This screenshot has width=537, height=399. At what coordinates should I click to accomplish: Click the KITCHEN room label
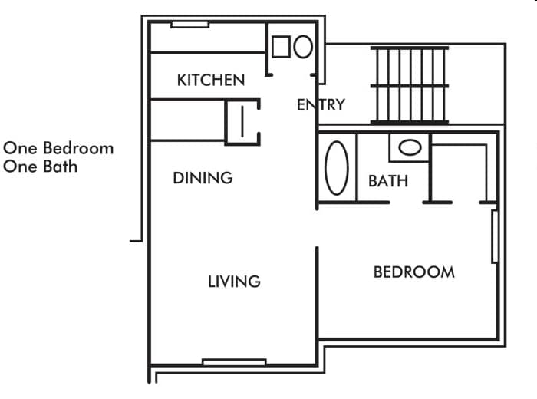[x=211, y=80]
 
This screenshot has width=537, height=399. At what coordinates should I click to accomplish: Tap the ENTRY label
[x=321, y=105]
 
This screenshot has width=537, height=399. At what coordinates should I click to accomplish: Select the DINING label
[x=203, y=178]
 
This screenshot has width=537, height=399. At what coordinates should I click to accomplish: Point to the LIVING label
[x=234, y=282]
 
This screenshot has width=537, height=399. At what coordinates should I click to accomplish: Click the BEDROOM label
[x=413, y=272]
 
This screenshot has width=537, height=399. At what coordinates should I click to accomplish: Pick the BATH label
[x=388, y=182]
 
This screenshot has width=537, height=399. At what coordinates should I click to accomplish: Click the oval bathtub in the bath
[x=337, y=167]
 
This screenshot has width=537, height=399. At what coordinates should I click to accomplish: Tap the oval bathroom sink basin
[x=410, y=147]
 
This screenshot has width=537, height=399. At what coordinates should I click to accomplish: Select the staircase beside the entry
[x=410, y=84]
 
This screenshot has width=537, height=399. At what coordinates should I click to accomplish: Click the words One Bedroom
[x=58, y=148]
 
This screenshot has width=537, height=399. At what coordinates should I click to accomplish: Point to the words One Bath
[x=41, y=166]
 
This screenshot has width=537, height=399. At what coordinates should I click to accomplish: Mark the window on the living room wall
[x=234, y=361]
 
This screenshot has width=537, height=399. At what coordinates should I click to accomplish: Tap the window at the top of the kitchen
[x=189, y=25]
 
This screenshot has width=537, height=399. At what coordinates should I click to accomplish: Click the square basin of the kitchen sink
[x=281, y=47]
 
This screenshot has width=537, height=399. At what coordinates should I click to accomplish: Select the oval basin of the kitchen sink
[x=302, y=47]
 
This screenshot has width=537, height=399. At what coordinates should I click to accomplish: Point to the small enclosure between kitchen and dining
[x=242, y=121]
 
